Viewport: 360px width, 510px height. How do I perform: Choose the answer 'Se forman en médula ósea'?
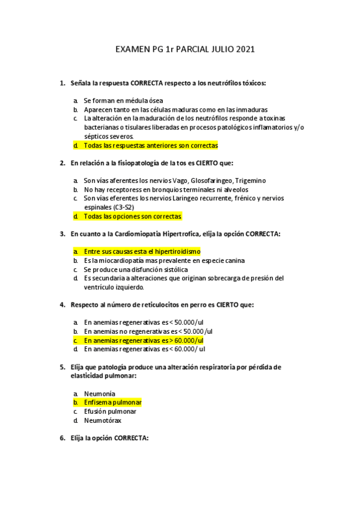123,100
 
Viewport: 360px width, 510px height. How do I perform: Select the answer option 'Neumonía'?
100,393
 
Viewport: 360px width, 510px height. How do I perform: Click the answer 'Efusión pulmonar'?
110,411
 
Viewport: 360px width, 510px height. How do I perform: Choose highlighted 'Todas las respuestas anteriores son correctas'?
150,146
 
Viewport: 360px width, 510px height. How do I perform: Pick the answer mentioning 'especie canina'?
156,260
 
